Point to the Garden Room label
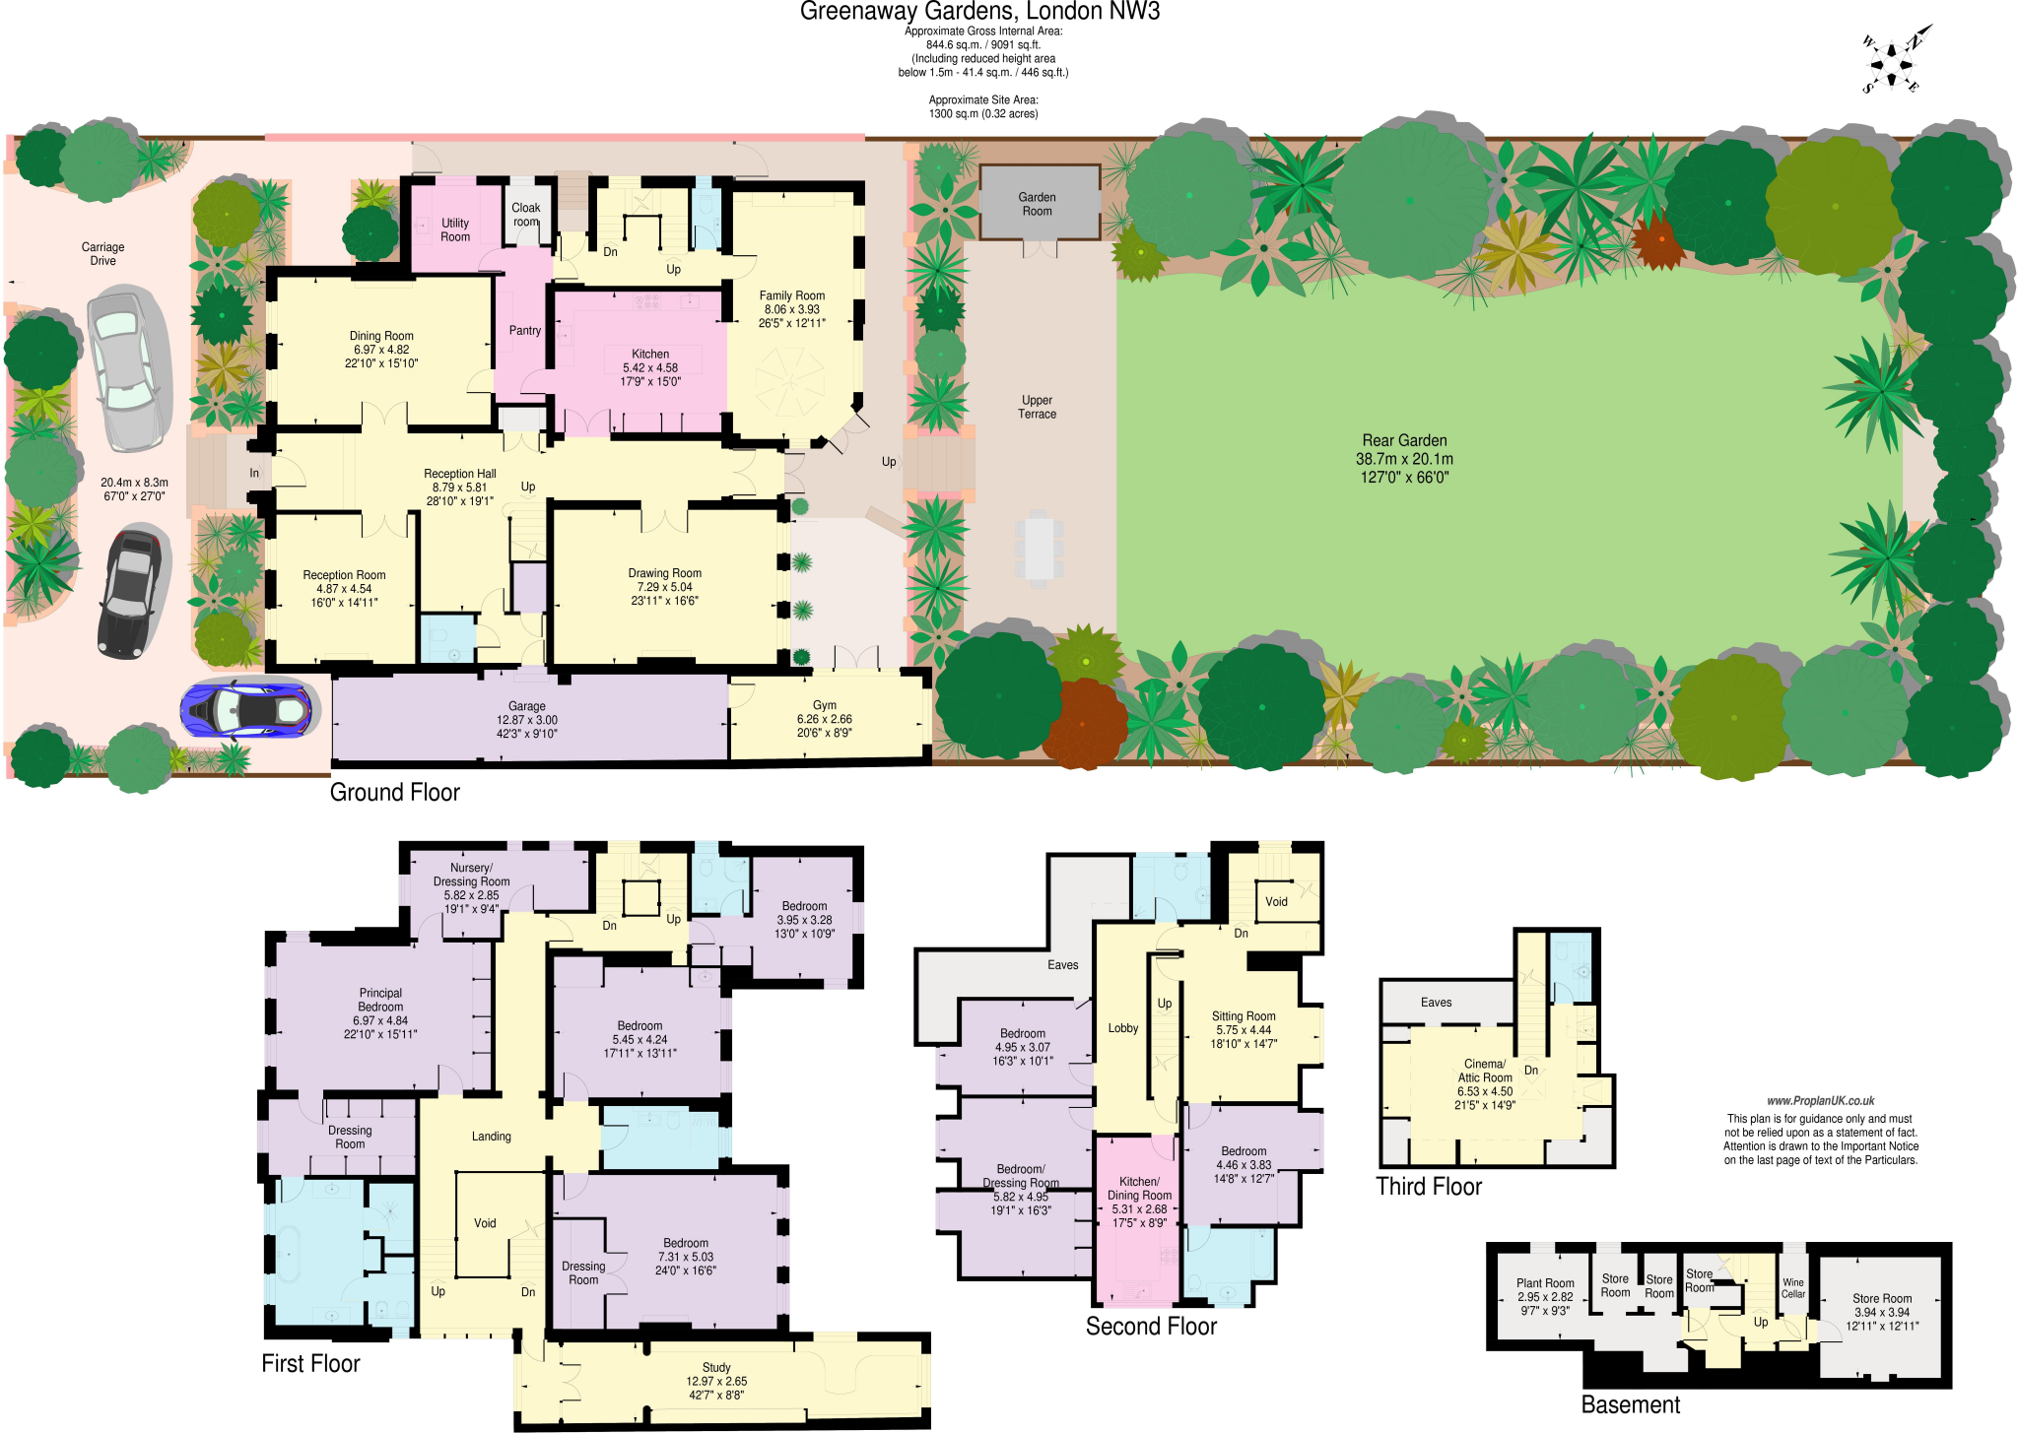click(1037, 204)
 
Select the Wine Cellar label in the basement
click(1792, 1288)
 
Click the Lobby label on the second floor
click(1122, 1028)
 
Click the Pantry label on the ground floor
click(524, 331)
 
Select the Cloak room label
click(526, 215)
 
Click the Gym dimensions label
click(825, 726)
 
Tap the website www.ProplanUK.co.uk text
click(1820, 1101)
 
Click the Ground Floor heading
click(394, 792)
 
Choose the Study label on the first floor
click(716, 1367)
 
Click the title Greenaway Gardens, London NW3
click(979, 12)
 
